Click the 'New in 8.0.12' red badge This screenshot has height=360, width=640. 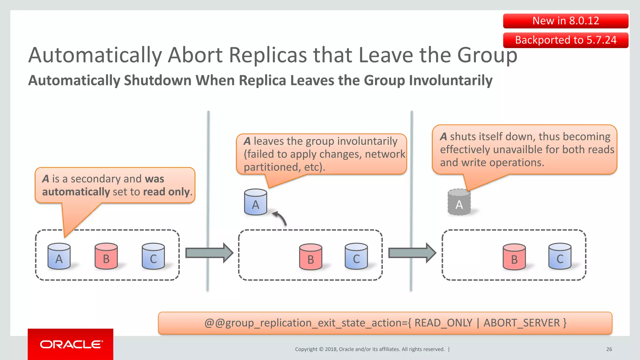565,21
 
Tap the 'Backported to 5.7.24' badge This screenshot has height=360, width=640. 565,40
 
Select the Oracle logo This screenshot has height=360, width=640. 71,344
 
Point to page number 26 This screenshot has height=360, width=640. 609,349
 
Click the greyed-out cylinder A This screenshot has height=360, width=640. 459,202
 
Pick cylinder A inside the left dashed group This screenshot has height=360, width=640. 59,257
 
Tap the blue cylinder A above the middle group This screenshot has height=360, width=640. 255,202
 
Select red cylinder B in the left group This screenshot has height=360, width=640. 106,257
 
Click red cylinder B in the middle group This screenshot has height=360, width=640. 310,257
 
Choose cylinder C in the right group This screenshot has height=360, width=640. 560,257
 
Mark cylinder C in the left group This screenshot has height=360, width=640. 153,257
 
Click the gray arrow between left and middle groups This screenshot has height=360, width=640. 209,253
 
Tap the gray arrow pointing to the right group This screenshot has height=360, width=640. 412,253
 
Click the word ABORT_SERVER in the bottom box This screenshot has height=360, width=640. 522,323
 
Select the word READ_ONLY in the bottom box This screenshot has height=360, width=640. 443,323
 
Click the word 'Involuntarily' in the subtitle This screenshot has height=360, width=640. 451,81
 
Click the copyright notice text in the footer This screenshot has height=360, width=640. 370,349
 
